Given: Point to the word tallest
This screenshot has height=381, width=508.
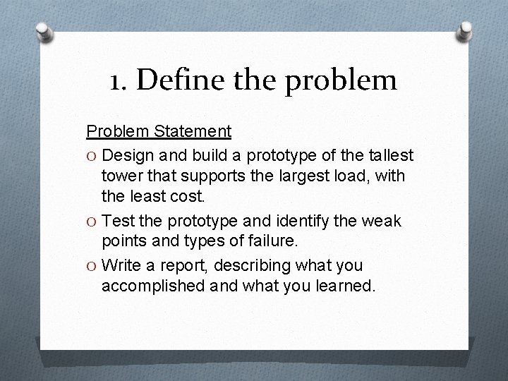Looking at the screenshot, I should point(390,155).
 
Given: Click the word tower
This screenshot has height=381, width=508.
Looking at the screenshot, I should point(121,174).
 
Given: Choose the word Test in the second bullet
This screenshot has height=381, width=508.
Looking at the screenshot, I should point(118,221).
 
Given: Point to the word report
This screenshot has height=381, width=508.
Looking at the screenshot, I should point(188,266).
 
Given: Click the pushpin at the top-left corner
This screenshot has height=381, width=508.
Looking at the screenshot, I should point(44,32).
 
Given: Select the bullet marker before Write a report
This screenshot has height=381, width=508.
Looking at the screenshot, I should point(91,267).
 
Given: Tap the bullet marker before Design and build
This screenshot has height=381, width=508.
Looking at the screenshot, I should point(91,155).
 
